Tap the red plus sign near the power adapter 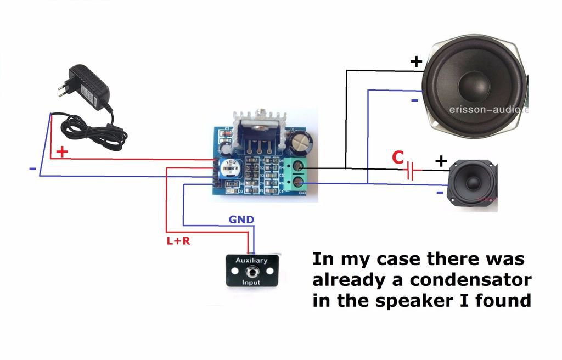pyautogui.click(x=63, y=151)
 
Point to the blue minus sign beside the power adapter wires pyautogui.click(x=32, y=168)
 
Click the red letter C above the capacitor pyautogui.click(x=398, y=158)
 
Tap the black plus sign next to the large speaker pyautogui.click(x=417, y=61)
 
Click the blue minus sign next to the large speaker pyautogui.click(x=414, y=101)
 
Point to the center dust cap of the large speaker pyautogui.click(x=473, y=82)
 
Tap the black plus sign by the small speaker pyautogui.click(x=441, y=161)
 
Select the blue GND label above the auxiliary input pyautogui.click(x=241, y=220)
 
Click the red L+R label pyautogui.click(x=178, y=240)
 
